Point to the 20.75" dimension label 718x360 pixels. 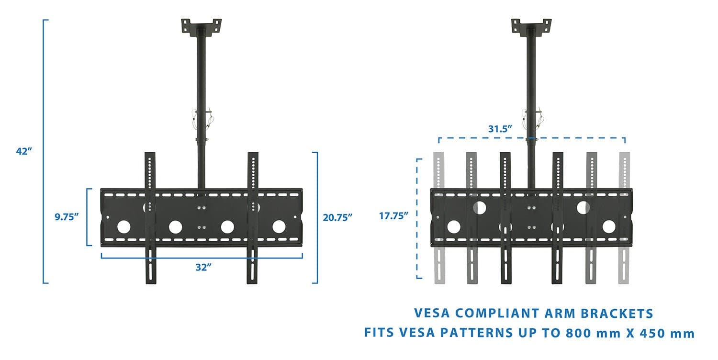[x=337, y=217]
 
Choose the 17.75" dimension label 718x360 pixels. [x=393, y=215]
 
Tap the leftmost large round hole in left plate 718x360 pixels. [x=123, y=226]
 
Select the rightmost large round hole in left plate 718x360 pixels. [x=279, y=226]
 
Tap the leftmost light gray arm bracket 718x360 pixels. [x=439, y=218]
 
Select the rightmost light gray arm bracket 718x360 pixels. [x=624, y=218]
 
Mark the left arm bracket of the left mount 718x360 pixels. [x=150, y=218]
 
